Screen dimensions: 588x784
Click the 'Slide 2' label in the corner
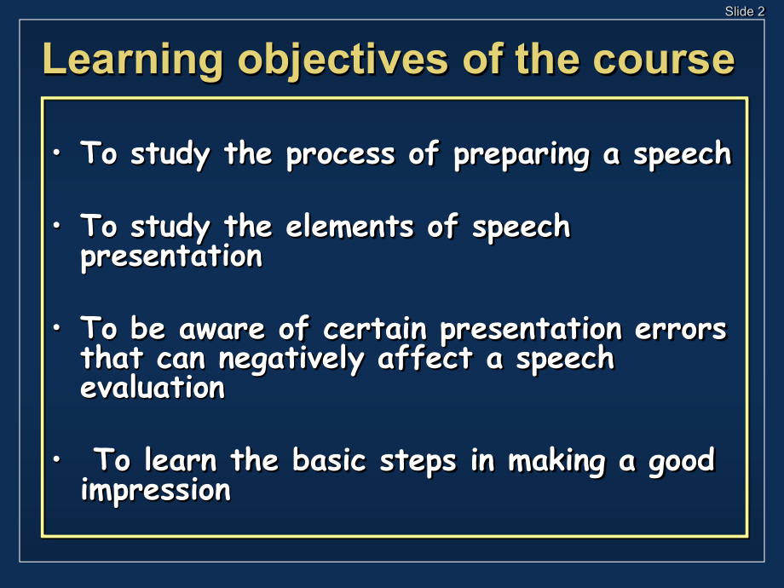[744, 11]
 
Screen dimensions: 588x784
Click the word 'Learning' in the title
[133, 61]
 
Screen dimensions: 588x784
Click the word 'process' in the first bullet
[341, 154]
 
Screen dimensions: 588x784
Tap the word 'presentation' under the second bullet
[170, 257]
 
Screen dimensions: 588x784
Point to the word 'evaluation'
[153, 388]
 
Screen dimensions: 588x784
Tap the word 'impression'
[155, 491]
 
